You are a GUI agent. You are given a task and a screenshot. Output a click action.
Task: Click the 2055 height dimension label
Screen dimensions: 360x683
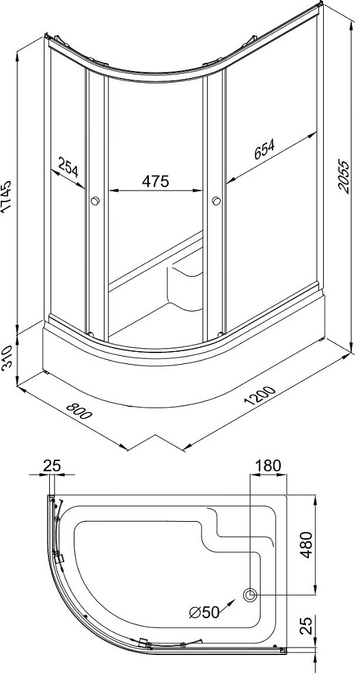(344, 178)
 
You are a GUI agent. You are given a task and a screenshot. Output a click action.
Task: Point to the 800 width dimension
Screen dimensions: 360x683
(79, 411)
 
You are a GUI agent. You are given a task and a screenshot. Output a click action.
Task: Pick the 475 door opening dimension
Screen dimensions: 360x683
(155, 181)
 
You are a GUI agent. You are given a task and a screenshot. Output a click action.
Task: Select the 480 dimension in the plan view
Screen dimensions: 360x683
(307, 545)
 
